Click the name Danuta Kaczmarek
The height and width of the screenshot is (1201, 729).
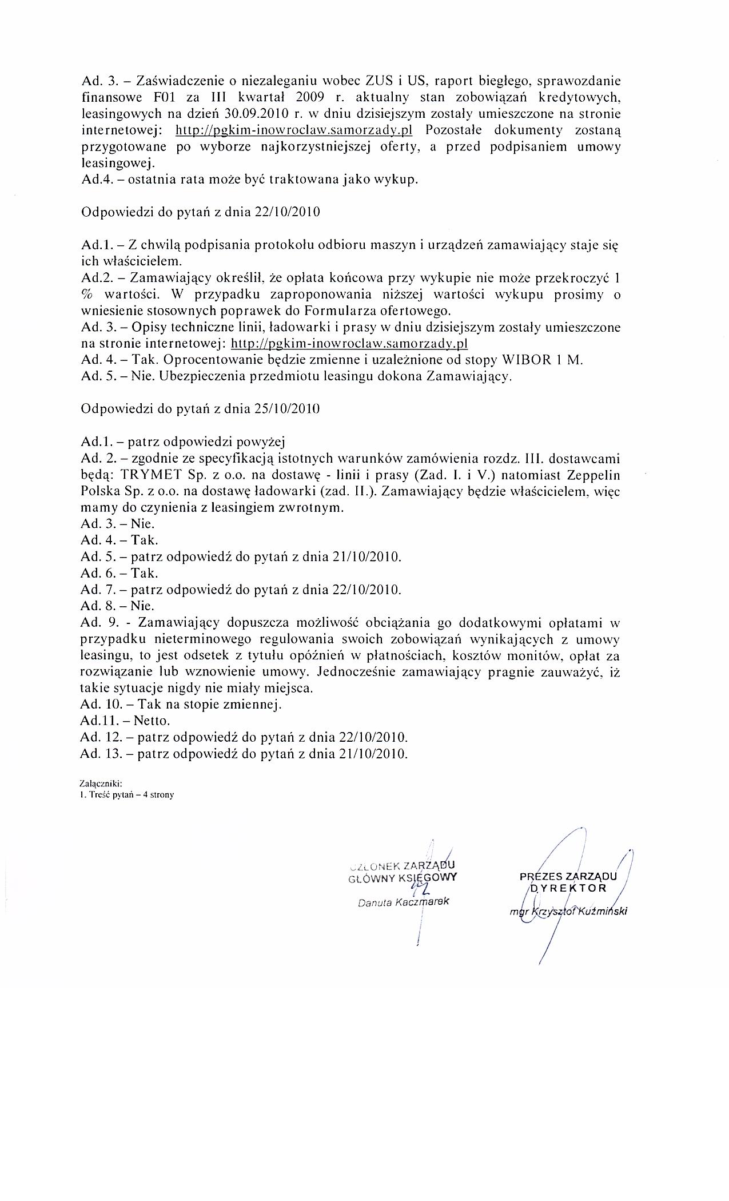point(404,902)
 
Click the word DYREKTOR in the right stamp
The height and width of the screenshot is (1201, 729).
point(569,888)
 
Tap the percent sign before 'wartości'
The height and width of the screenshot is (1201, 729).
point(88,295)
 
